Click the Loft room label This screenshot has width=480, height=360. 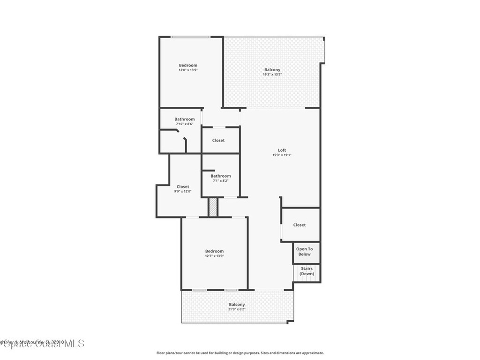point(282,150)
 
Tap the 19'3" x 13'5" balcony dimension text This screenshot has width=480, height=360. point(272,75)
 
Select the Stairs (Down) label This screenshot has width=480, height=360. point(307,271)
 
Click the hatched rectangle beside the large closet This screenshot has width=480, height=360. point(213,207)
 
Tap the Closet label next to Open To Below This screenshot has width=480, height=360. point(300,225)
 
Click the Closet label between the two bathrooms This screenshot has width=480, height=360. point(218,140)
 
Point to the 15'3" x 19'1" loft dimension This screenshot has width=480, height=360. point(282,155)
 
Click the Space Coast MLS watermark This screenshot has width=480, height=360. point(42,344)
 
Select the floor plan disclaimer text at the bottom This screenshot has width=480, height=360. point(240,353)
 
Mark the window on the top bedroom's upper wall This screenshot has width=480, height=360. point(190,37)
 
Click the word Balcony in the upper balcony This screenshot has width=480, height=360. point(272,70)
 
